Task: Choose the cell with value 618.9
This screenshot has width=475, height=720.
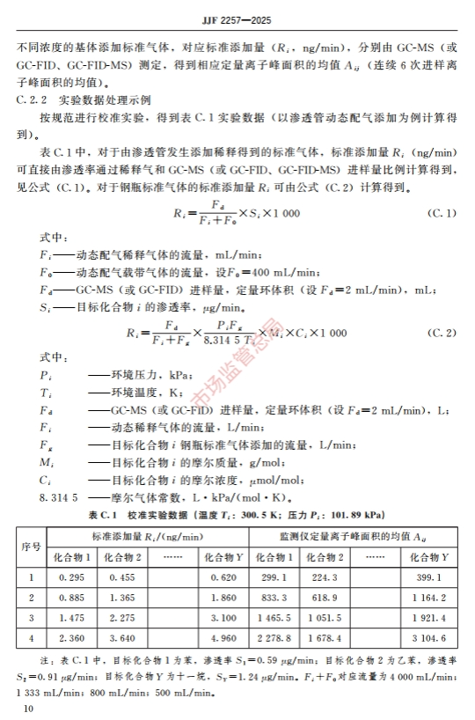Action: [327, 598]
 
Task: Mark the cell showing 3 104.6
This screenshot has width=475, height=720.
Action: [429, 639]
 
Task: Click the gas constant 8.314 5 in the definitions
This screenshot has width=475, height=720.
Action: [35, 498]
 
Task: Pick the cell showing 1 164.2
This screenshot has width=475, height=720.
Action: [429, 598]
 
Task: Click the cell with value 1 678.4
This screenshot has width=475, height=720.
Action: [327, 639]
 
